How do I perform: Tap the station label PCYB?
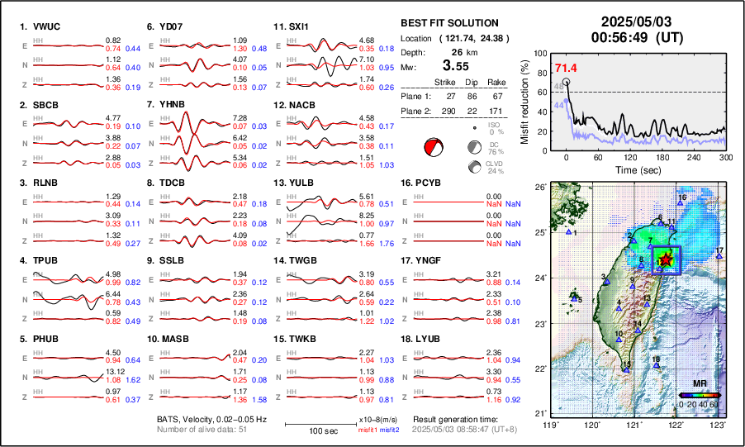coord(433,183)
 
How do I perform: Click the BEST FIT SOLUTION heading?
coord(448,23)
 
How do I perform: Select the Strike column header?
coord(444,82)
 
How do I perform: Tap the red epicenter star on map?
coord(666,260)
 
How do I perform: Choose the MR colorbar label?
coord(699,385)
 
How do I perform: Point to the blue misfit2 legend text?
coord(388,430)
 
